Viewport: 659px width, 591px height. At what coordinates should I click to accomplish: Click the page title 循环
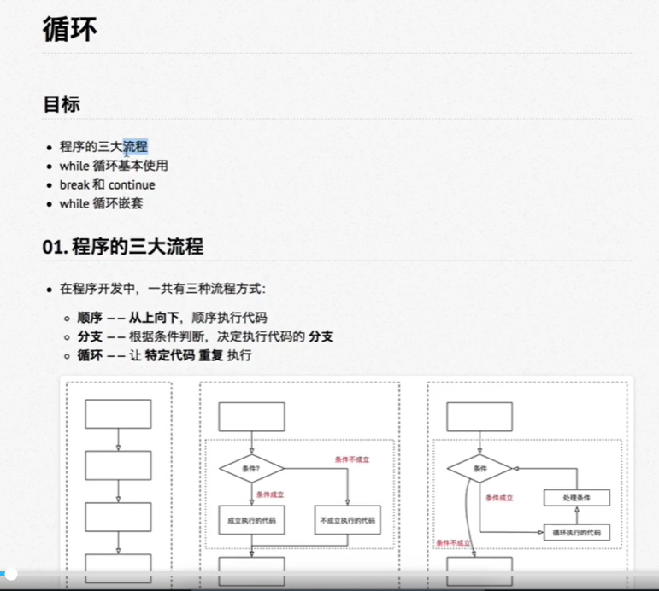70,29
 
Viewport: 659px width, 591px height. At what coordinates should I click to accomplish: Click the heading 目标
62,104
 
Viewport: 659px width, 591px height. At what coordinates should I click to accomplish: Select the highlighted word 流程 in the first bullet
135,147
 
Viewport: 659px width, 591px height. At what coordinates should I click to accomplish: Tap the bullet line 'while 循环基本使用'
114,166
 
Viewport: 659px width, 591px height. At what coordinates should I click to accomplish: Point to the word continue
132,184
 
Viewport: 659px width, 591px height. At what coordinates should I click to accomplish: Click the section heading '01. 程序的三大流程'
123,248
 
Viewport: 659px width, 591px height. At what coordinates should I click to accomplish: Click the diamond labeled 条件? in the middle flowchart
251,468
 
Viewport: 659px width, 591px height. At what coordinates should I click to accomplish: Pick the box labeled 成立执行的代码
251,519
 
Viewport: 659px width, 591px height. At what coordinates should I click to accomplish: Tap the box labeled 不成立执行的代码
348,519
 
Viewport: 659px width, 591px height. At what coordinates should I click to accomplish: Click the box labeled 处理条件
577,498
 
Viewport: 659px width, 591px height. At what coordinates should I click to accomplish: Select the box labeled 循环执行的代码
577,532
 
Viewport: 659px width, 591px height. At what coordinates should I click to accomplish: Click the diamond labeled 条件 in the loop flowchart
480,468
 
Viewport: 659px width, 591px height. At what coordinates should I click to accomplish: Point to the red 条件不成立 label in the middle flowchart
352,459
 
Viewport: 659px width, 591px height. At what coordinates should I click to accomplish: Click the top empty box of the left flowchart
118,414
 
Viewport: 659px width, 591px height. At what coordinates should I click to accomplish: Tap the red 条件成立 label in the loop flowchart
499,498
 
